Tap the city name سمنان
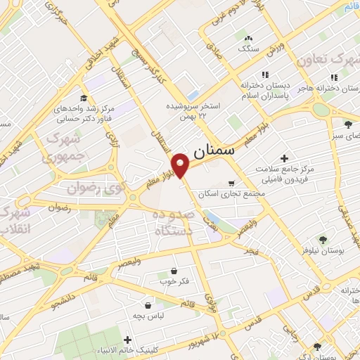[x=217, y=150]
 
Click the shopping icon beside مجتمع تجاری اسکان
[x=231, y=181]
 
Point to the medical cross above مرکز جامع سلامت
[x=284, y=158]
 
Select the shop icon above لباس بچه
[x=148, y=306]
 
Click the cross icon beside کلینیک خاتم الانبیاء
[x=127, y=337]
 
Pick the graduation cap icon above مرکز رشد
[x=84, y=98]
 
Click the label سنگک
[x=248, y=49]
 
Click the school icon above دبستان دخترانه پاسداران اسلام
[x=265, y=75]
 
